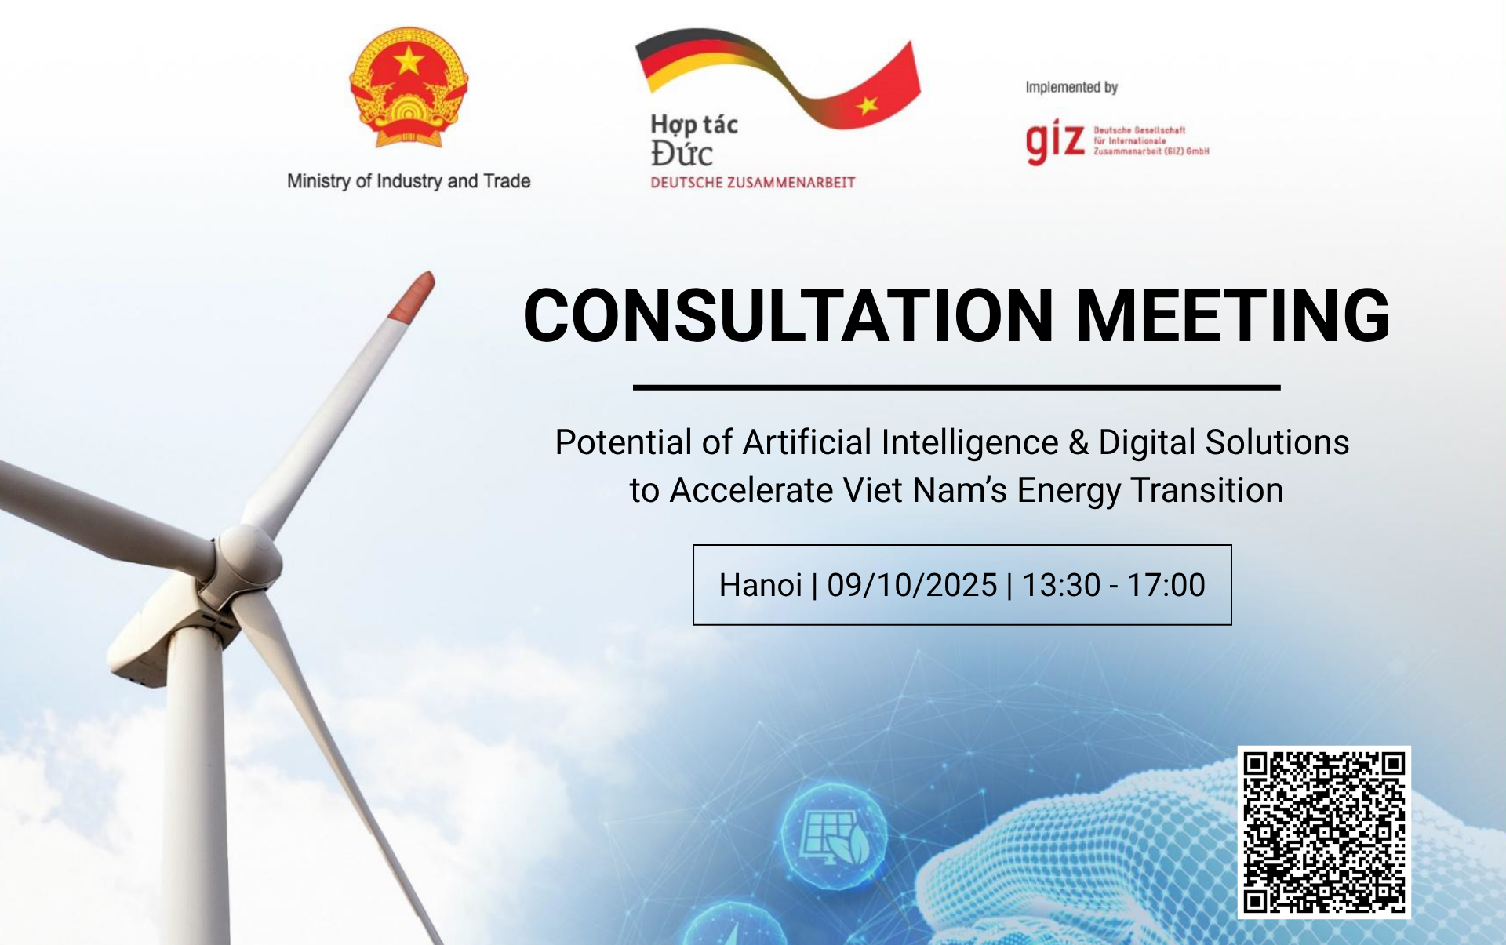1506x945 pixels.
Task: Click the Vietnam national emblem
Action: [x=409, y=87]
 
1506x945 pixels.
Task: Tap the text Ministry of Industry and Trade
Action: [x=409, y=181]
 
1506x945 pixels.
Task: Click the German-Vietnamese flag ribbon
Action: [x=777, y=78]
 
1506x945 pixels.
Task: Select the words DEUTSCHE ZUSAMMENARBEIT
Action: [x=752, y=183]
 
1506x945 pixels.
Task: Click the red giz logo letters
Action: [x=1055, y=142]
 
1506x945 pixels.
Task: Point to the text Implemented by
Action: [x=1071, y=87]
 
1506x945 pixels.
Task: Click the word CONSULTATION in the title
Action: [x=788, y=315]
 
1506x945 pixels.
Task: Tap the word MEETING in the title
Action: [x=1233, y=315]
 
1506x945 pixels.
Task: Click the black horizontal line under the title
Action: [x=956, y=387]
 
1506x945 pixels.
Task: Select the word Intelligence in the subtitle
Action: [x=969, y=443]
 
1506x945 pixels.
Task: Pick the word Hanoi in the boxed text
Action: [x=760, y=585]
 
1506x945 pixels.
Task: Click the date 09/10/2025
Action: [x=912, y=585]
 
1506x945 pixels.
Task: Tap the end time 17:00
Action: [x=1166, y=585]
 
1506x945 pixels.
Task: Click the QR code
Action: [x=1324, y=832]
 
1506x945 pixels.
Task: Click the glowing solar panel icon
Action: [x=835, y=836]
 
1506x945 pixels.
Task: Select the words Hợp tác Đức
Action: [x=694, y=140]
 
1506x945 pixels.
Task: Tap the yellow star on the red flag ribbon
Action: [x=868, y=104]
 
